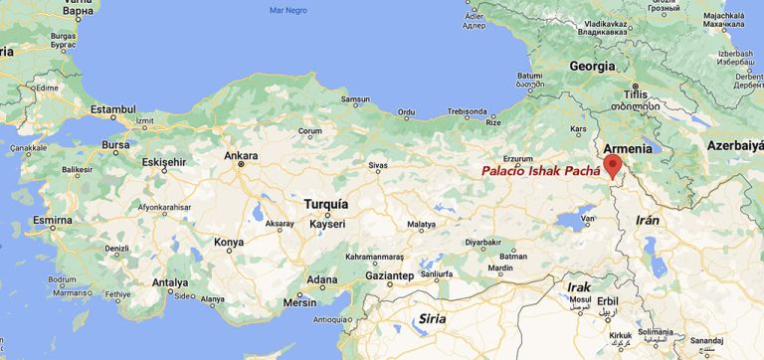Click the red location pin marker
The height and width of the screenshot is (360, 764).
612,164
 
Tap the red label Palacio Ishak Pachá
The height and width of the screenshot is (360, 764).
541,171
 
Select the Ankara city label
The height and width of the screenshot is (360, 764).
241,156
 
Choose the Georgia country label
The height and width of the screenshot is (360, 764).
592,66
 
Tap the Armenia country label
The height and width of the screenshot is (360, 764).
628,148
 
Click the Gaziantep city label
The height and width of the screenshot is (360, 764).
389,274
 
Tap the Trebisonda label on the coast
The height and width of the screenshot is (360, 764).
466,112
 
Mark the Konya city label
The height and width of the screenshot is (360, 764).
229,242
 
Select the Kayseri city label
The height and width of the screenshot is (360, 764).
326,224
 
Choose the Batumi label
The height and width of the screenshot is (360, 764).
529,76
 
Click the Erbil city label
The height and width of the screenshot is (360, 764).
608,300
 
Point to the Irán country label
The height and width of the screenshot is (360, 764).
648,219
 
